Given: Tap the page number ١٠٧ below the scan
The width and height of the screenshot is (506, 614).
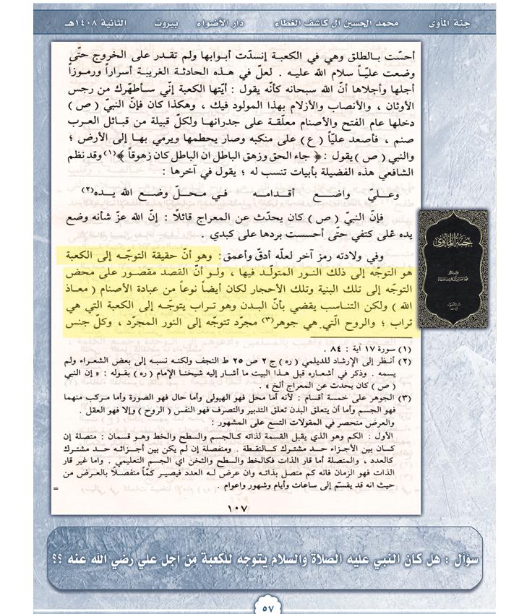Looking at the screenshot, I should coord(238,509).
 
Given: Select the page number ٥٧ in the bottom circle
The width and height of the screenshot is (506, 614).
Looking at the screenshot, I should coord(267,605).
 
